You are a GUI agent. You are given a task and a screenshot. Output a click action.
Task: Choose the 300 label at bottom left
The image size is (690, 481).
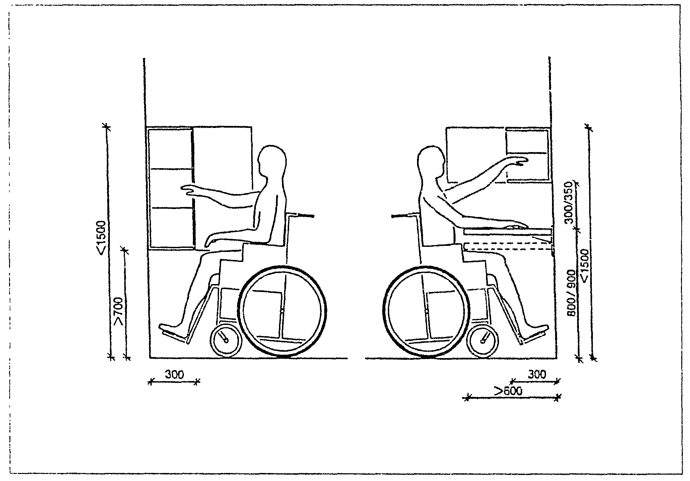coord(174,374)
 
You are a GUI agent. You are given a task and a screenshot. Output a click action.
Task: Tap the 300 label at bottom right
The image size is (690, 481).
coord(537,374)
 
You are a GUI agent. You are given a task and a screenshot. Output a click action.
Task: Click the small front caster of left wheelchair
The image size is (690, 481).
coord(226,340)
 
